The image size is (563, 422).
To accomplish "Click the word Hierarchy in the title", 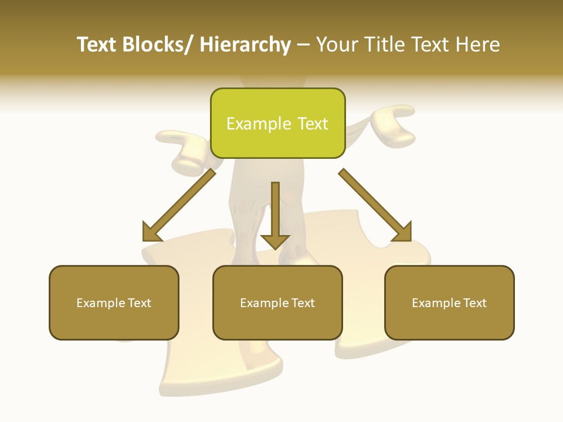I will point(245,45).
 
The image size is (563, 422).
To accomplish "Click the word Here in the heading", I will point(476,45).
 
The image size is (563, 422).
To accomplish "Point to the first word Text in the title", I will point(97,45).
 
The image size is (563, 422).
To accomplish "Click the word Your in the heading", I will point(338,45).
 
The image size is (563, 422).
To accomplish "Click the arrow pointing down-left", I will point(178,206).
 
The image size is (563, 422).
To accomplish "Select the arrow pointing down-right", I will point(375,206).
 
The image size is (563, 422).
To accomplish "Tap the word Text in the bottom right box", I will point(474,303).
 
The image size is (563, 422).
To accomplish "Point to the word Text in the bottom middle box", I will point(302,303).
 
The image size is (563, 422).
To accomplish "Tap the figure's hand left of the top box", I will point(179,144).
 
